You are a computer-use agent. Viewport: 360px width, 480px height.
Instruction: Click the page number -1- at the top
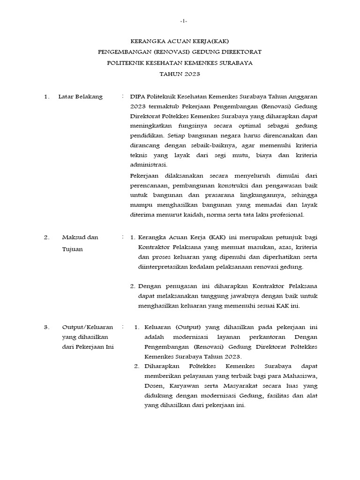[x=184, y=22]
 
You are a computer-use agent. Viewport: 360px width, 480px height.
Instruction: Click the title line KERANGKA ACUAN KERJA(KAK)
[x=180, y=41]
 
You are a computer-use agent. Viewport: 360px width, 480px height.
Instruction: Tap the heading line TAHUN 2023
[x=180, y=74]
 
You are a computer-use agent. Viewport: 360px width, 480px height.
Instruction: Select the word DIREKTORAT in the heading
[x=241, y=52]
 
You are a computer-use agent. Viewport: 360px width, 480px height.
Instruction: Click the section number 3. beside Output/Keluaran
[x=46, y=327]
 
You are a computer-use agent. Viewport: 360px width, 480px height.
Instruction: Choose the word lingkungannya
[x=247, y=195]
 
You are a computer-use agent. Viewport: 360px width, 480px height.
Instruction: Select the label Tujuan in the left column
[x=72, y=249]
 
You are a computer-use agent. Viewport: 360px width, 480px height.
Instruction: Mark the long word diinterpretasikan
[x=164, y=267]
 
